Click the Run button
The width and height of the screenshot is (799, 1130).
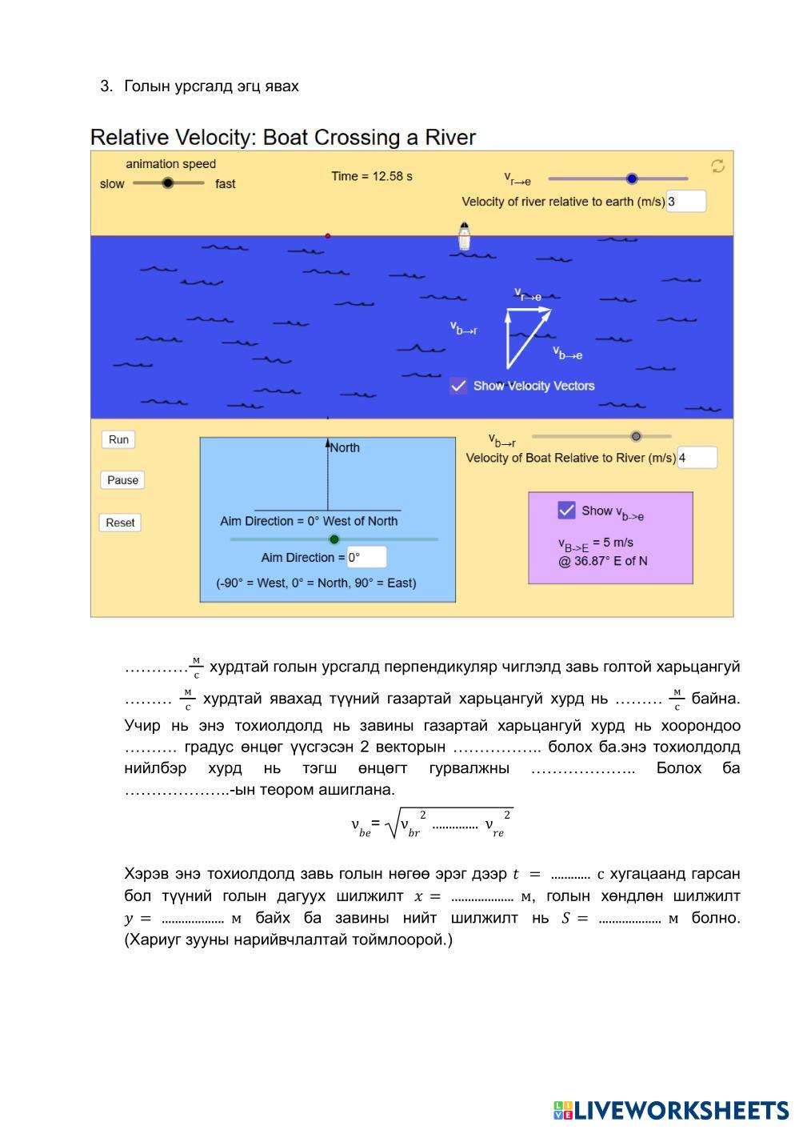coord(118,439)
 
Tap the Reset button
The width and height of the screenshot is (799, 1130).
coord(120,523)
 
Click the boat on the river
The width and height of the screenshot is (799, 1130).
coord(464,236)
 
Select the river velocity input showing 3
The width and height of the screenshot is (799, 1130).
coord(685,202)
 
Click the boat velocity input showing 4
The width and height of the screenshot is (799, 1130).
coord(697,458)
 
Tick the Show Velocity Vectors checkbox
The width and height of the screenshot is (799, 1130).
coord(458,386)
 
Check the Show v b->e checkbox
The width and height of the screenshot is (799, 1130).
coord(566,510)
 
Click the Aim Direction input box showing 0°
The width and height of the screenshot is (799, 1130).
coord(366,557)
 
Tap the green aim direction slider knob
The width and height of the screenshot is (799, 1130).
coord(334,539)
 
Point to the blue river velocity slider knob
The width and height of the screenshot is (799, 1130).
coord(632,178)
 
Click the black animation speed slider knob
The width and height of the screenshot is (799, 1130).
coord(167,183)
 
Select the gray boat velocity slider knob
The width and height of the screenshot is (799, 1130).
coord(636,436)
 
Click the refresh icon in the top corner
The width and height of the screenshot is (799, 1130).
coord(717,166)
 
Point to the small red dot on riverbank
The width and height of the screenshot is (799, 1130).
coord(328,236)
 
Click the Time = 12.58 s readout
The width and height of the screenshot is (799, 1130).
coord(372,176)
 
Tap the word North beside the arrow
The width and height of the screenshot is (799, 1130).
coord(345,447)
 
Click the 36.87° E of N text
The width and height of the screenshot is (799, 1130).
coord(603,561)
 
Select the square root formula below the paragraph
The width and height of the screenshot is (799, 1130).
coord(431,823)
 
